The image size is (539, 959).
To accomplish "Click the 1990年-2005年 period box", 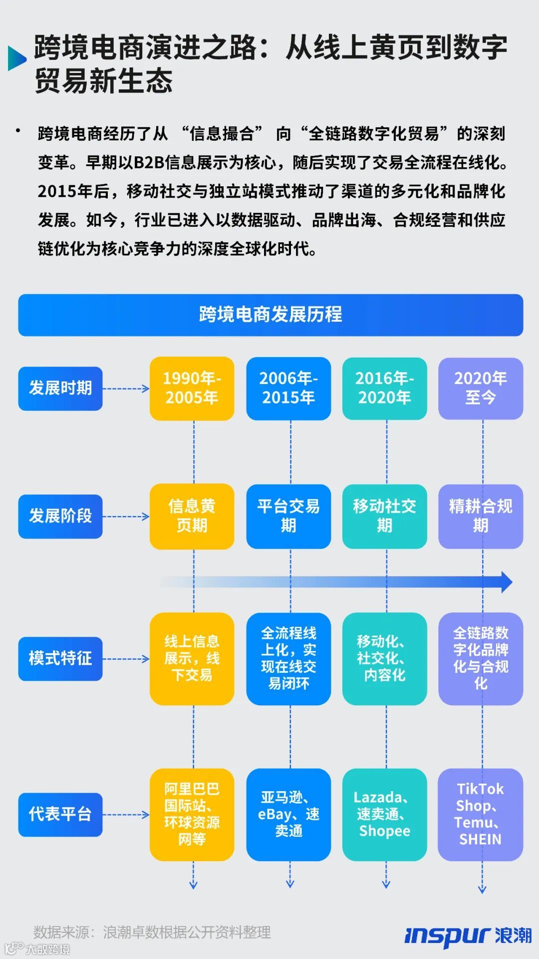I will click(192, 388).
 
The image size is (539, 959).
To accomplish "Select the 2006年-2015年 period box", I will click(288, 388).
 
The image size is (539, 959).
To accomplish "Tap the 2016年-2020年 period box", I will click(384, 388).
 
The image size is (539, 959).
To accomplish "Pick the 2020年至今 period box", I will click(481, 388).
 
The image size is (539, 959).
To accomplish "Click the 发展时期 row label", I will click(60, 388).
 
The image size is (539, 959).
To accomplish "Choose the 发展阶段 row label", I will click(60, 516).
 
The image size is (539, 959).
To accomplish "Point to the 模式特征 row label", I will click(60, 658).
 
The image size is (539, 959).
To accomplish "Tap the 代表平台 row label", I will click(60, 814).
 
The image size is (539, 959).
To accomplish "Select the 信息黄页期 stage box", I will click(192, 516).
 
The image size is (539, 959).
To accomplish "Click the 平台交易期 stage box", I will click(288, 516).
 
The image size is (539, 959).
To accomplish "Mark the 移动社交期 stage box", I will click(384, 516).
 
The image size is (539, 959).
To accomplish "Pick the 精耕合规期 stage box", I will click(481, 516).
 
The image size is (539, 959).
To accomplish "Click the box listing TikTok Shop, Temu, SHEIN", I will click(481, 814).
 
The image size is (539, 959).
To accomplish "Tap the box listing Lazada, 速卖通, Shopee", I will click(384, 814).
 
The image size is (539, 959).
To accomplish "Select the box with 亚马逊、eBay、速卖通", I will click(288, 814).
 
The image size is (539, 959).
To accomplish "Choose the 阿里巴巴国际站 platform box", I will click(192, 814).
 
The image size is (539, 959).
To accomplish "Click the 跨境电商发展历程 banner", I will click(270, 315).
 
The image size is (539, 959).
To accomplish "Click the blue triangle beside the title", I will click(16, 58).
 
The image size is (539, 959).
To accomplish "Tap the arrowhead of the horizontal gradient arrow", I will click(507, 582).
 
